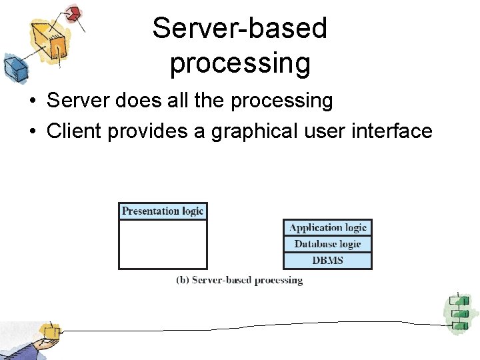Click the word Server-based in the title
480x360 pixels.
[x=240, y=29]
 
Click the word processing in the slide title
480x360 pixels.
[x=240, y=63]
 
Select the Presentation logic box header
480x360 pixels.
[x=163, y=211]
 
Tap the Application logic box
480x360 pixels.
[x=328, y=227]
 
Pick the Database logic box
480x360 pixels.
[x=328, y=244]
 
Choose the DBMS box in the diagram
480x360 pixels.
[x=328, y=260]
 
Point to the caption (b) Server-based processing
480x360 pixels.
[x=239, y=281]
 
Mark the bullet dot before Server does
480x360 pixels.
[x=32, y=101]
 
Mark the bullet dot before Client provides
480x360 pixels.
[x=32, y=132]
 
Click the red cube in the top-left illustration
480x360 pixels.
[x=73, y=13]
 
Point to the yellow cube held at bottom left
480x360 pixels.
[x=49, y=331]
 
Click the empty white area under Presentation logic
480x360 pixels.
[x=163, y=244]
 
